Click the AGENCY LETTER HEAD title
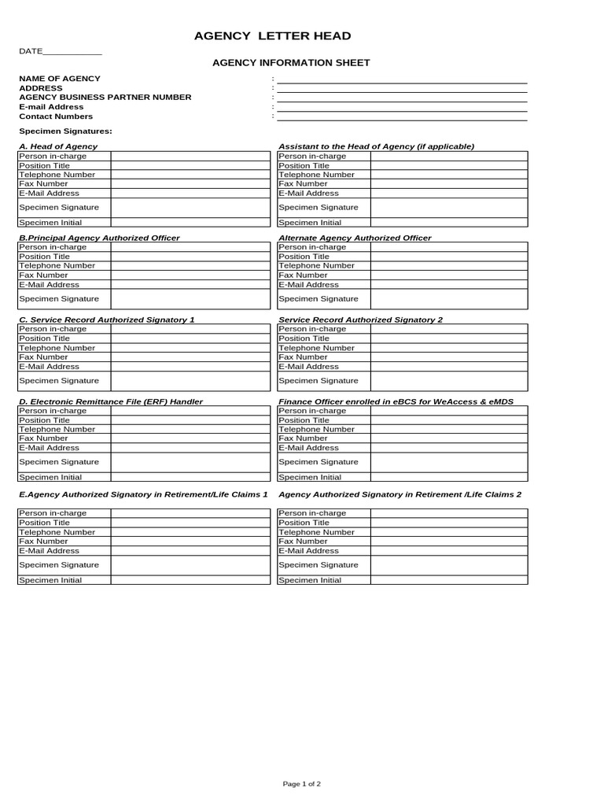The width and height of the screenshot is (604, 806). [273, 36]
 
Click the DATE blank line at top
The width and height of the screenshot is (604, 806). [72, 52]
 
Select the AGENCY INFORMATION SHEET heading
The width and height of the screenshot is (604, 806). [292, 63]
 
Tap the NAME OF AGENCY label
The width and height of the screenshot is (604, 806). [60, 79]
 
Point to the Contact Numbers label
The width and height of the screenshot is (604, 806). [56, 116]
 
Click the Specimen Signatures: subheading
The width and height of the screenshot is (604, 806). [65, 131]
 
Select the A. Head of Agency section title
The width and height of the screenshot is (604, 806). [58, 146]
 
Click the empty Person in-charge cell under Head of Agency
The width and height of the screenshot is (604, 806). [190, 156]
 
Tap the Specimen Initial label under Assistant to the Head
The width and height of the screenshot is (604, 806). [311, 223]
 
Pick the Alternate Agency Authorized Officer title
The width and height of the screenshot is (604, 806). [355, 238]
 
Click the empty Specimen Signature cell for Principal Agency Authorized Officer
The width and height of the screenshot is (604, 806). [190, 299]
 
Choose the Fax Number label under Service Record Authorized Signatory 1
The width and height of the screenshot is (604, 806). [43, 357]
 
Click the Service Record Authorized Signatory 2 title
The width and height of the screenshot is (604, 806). [361, 320]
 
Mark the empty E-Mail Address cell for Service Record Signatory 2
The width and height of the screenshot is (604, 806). [449, 367]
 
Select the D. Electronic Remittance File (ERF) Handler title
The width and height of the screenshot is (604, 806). [111, 401]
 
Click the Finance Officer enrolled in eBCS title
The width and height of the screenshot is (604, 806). [396, 401]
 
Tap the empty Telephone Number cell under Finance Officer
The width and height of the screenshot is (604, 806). [449, 430]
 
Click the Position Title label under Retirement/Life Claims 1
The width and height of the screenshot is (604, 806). [45, 523]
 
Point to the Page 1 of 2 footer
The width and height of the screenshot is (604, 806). [302, 784]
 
